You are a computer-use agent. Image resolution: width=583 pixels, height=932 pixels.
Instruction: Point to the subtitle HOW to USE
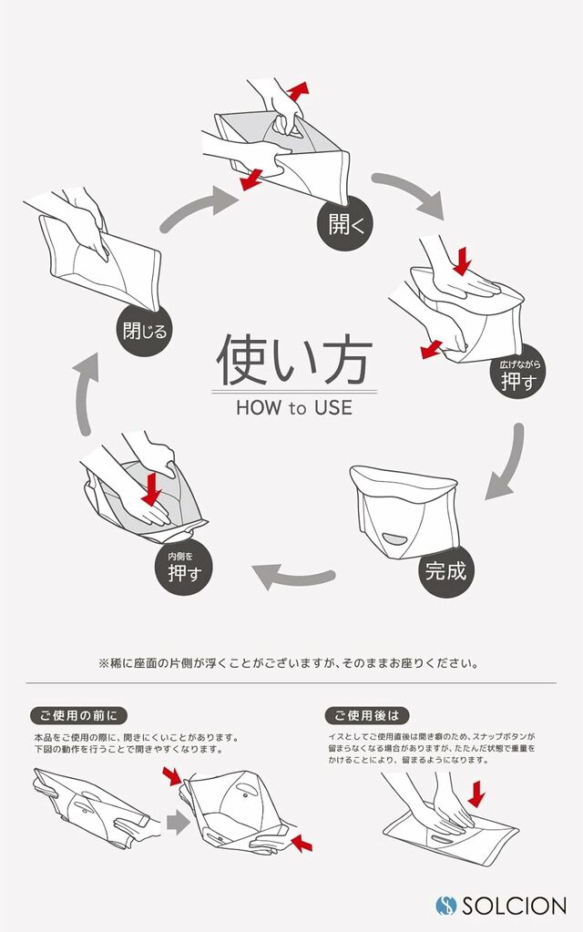coord(293,407)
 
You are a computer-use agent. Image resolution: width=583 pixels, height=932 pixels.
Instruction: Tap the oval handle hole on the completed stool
coord(401,538)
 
